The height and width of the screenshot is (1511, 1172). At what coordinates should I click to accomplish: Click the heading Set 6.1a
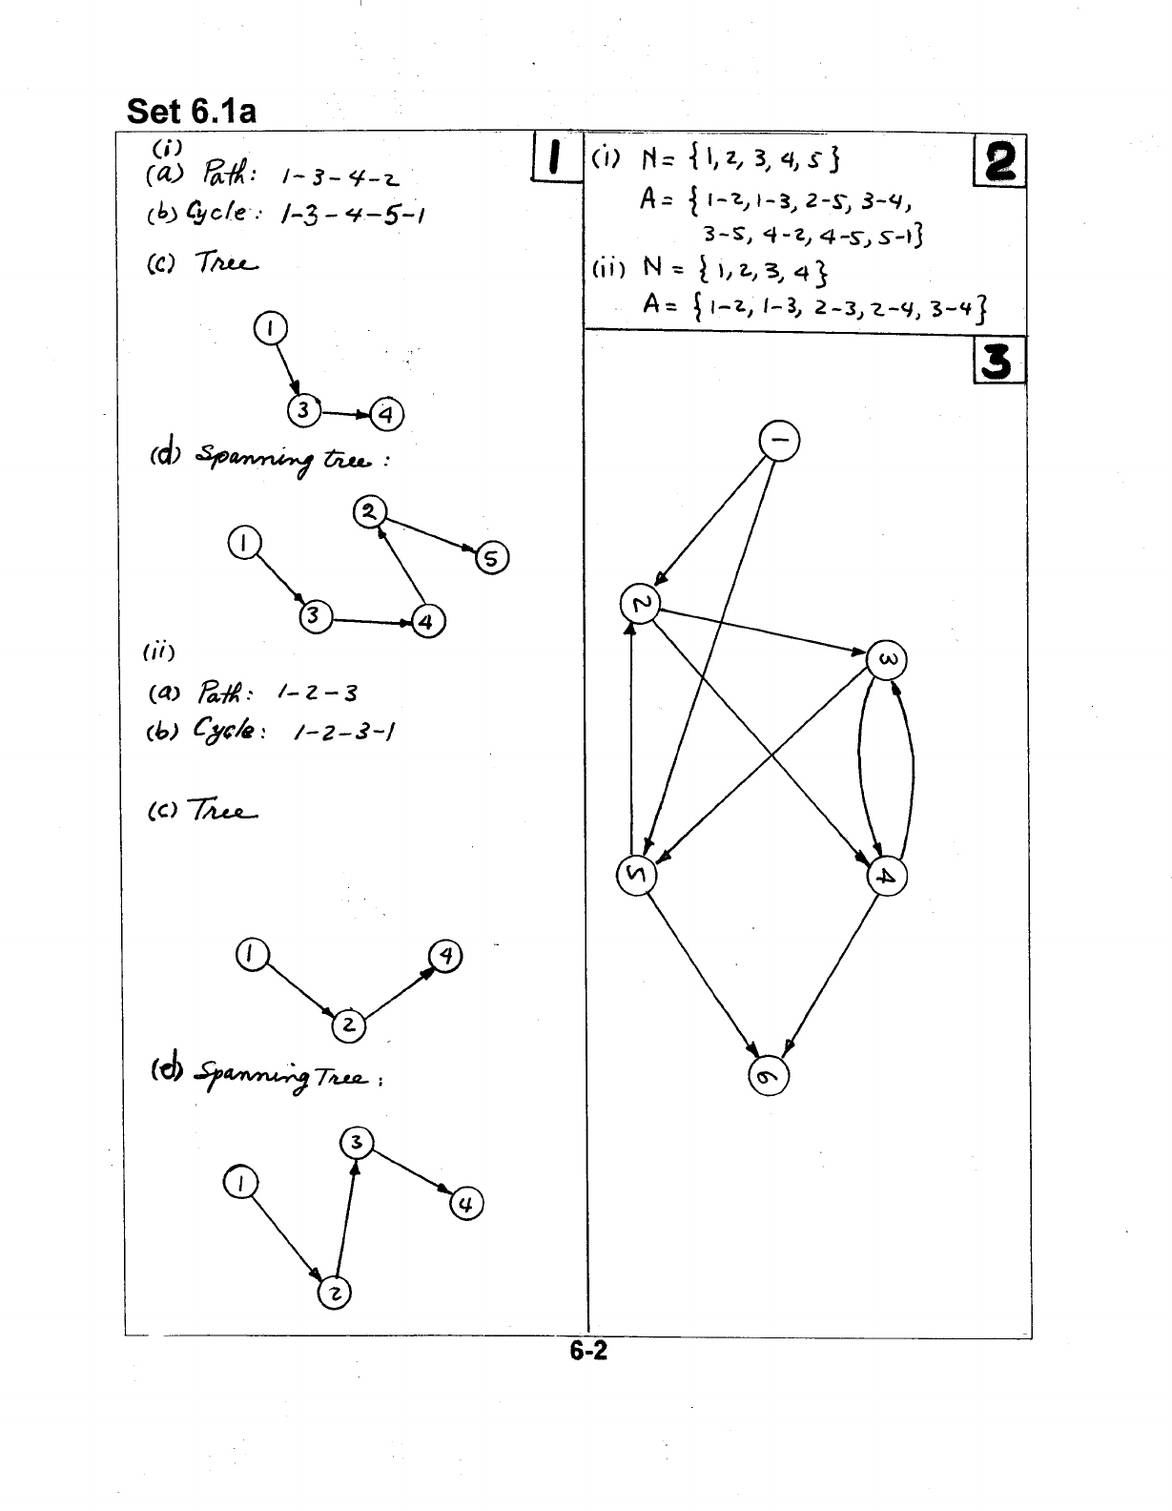pyautogui.click(x=192, y=112)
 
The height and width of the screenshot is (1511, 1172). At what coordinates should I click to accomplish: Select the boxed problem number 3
pyautogui.click(x=998, y=362)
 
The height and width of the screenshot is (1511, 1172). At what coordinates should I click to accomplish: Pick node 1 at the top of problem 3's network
pyautogui.click(x=778, y=441)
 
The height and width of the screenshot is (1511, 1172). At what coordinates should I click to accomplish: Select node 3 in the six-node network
pyautogui.click(x=886, y=660)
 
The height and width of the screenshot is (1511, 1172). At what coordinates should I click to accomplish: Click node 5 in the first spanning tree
pyautogui.click(x=491, y=559)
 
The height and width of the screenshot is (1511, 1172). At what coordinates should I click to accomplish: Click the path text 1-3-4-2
pyautogui.click(x=339, y=177)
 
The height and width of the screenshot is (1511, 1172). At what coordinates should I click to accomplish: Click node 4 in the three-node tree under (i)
pyautogui.click(x=386, y=415)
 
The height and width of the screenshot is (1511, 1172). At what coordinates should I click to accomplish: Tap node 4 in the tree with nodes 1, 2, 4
pyautogui.click(x=445, y=956)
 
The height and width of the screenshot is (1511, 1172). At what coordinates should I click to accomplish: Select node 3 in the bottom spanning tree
pyautogui.click(x=356, y=1143)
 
